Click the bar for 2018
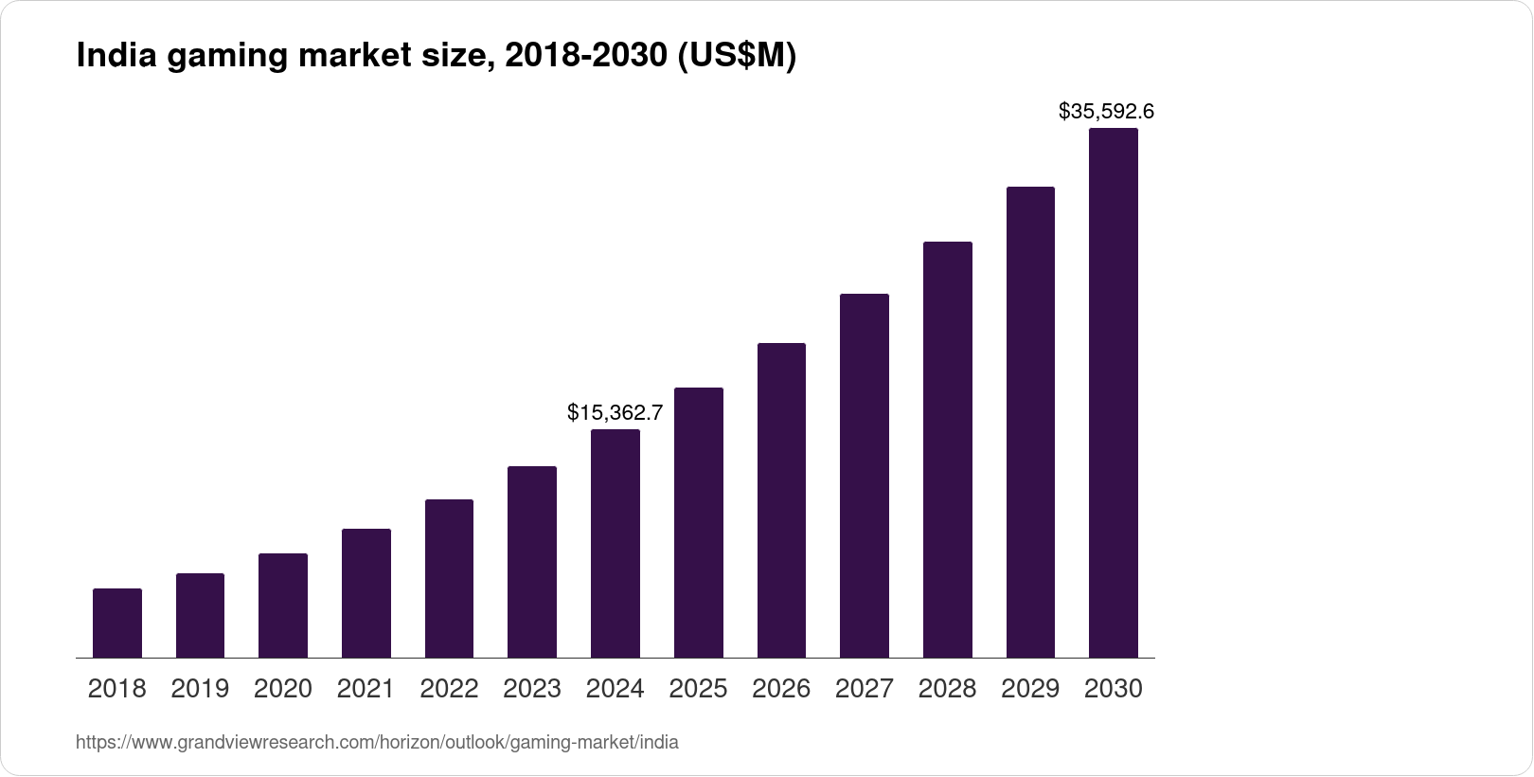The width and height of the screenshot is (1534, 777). click(117, 623)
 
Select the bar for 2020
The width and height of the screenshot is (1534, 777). click(283, 605)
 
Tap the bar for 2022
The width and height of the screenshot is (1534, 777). click(449, 578)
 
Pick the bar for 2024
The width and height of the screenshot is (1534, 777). click(615, 543)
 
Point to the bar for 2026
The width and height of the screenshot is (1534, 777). click(781, 500)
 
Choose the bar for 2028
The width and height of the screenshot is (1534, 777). click(947, 449)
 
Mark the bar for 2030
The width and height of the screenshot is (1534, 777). click(1114, 392)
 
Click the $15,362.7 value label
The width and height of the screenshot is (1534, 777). click(615, 412)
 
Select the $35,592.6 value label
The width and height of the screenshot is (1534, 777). click(1106, 112)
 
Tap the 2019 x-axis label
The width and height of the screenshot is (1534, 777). click(200, 689)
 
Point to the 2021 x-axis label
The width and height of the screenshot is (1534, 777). click(366, 689)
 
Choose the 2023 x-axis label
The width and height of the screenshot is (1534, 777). click(532, 689)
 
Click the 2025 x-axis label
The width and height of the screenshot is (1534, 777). click(698, 689)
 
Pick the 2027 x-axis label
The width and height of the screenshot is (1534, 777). click(865, 689)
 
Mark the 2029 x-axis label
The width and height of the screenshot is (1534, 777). click(1030, 689)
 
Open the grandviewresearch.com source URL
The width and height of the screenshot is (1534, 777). click(377, 743)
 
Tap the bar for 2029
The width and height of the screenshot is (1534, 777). click(1030, 422)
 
